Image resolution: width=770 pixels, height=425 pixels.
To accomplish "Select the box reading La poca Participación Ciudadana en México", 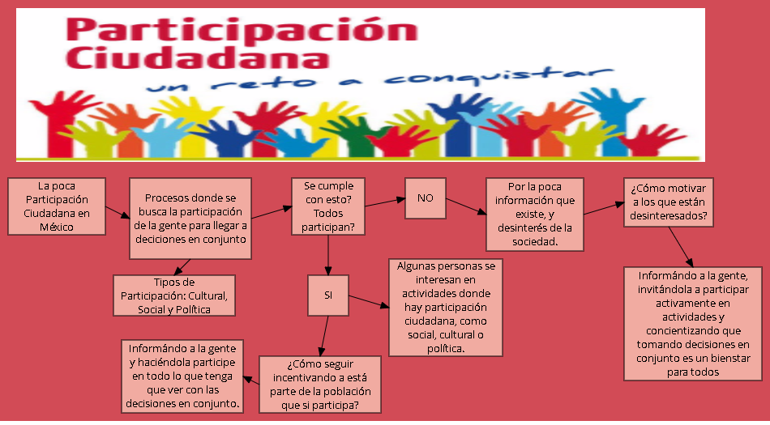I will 57,206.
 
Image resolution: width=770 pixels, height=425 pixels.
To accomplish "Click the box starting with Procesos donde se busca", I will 190,219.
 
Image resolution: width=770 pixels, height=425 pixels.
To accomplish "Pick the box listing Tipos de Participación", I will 174,295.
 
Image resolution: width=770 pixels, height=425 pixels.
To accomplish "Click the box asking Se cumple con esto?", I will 328,207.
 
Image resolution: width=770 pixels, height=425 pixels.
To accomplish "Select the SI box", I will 328,295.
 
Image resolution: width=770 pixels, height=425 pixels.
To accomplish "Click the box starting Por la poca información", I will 534,213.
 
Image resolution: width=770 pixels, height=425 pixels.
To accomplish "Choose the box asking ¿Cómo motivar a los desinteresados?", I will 669,202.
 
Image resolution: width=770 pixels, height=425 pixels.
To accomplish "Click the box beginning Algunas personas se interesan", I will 445,308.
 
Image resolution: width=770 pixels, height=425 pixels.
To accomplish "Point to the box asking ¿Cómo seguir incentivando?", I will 319,385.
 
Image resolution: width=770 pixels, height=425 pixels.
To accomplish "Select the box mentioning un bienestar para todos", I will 693,324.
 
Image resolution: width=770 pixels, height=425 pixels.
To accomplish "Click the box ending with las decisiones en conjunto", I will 184,375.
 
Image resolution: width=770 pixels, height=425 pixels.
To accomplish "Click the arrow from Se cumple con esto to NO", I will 384,200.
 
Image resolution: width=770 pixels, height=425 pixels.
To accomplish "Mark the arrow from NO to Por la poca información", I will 465,206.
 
